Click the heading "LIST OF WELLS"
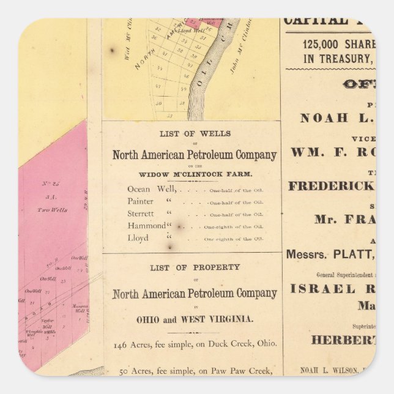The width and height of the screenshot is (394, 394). click(191, 133)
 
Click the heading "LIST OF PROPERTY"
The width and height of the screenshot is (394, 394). click(191, 267)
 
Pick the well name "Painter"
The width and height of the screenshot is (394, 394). click(141, 201)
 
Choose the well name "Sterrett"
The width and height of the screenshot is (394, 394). click(142, 214)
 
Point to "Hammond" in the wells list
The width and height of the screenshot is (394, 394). click(147, 226)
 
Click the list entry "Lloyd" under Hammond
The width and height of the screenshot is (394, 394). click(138, 237)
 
